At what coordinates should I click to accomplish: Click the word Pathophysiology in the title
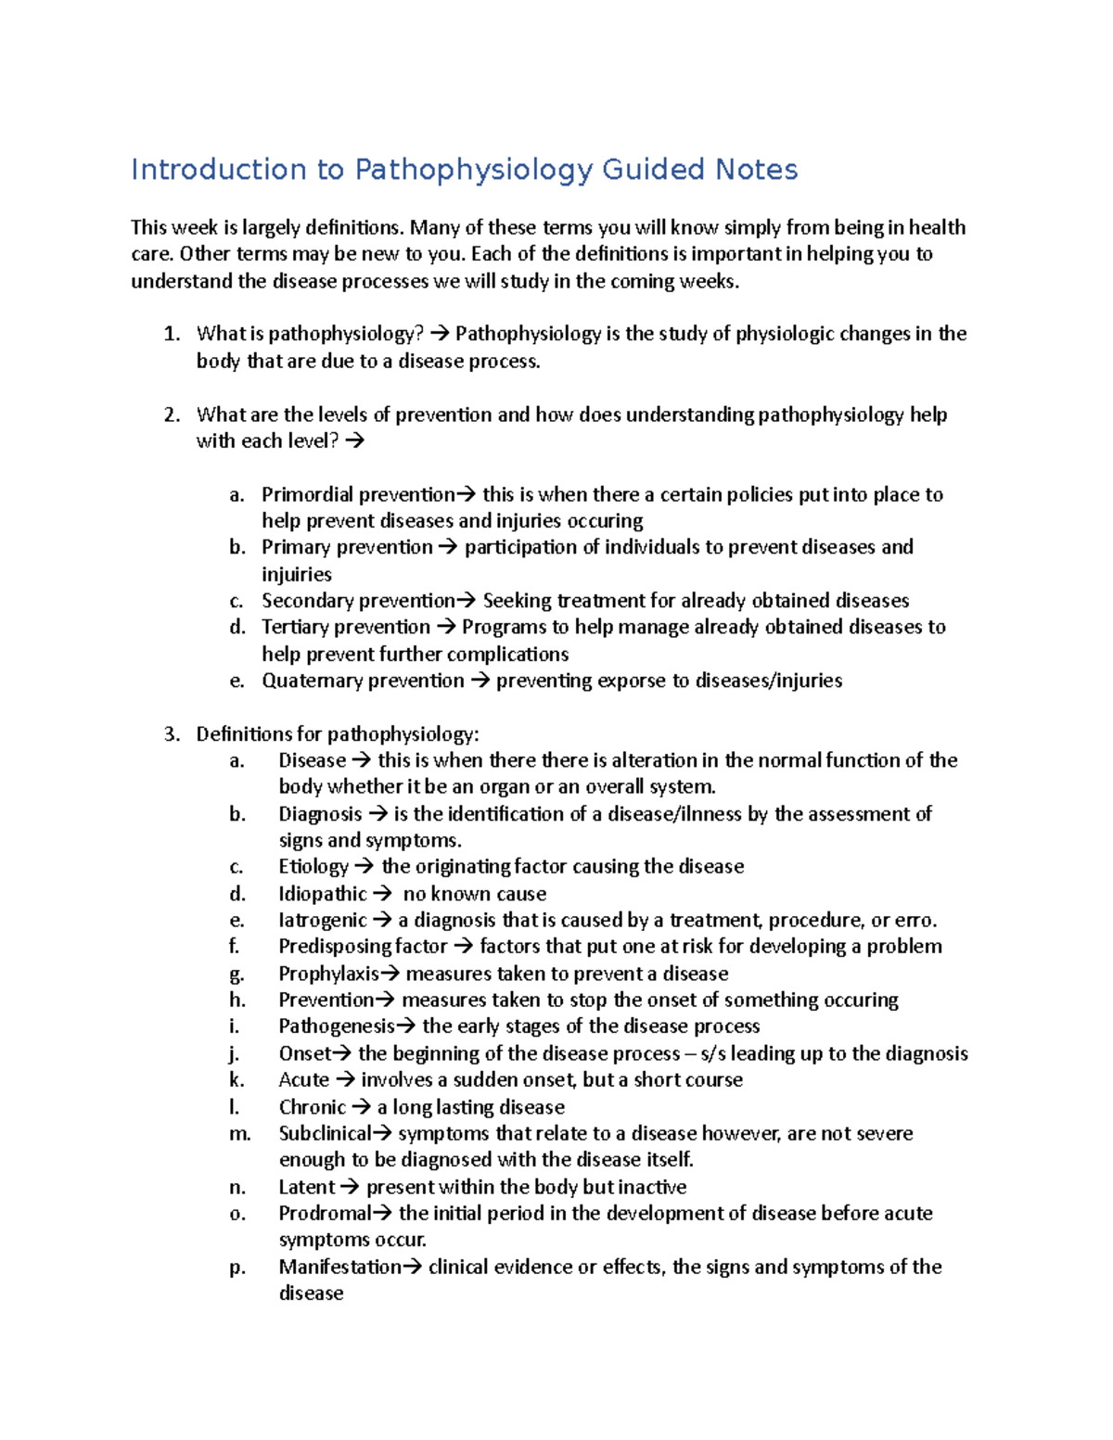point(473,170)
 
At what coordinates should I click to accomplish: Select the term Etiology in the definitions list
point(313,867)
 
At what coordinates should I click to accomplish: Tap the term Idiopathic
point(323,894)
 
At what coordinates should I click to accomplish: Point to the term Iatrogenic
point(323,921)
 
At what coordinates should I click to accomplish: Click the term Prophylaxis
point(328,974)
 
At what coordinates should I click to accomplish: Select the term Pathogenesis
point(336,1026)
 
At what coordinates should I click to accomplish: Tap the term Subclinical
point(324,1133)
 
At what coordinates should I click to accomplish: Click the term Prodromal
point(324,1213)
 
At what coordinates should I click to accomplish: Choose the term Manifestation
point(339,1267)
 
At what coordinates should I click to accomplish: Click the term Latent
point(306,1187)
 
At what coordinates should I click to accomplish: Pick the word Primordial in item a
point(306,495)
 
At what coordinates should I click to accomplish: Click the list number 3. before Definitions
point(172,734)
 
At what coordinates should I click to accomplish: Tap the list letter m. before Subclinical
point(239,1133)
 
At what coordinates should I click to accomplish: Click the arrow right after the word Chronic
point(362,1107)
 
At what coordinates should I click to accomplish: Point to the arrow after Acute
point(345,1080)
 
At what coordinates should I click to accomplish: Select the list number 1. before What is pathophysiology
point(172,334)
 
